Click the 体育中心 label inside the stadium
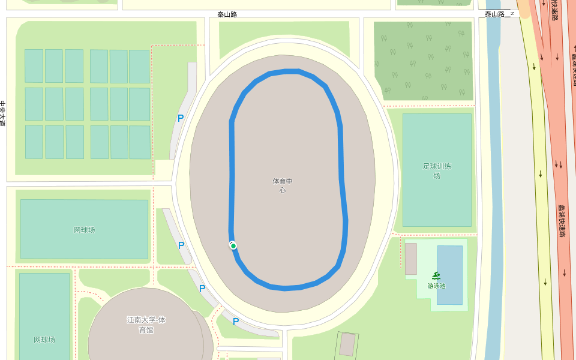[x=282, y=185]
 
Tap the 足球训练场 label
[x=437, y=170]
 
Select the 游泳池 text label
[x=436, y=286]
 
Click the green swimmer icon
[x=436, y=276]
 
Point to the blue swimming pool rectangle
[x=450, y=264]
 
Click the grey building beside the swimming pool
[x=411, y=259]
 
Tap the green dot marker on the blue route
[x=233, y=245]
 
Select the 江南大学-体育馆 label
[x=146, y=325]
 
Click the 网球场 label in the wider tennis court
[x=84, y=230]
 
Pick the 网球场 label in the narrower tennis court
[x=44, y=340]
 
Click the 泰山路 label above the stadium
[x=227, y=14]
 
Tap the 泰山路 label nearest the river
[x=496, y=14]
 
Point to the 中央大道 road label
[x=2, y=113]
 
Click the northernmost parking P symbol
[x=180, y=118]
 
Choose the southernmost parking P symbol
[x=236, y=322]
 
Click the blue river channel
[x=493, y=180]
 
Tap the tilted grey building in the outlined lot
[x=347, y=344]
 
